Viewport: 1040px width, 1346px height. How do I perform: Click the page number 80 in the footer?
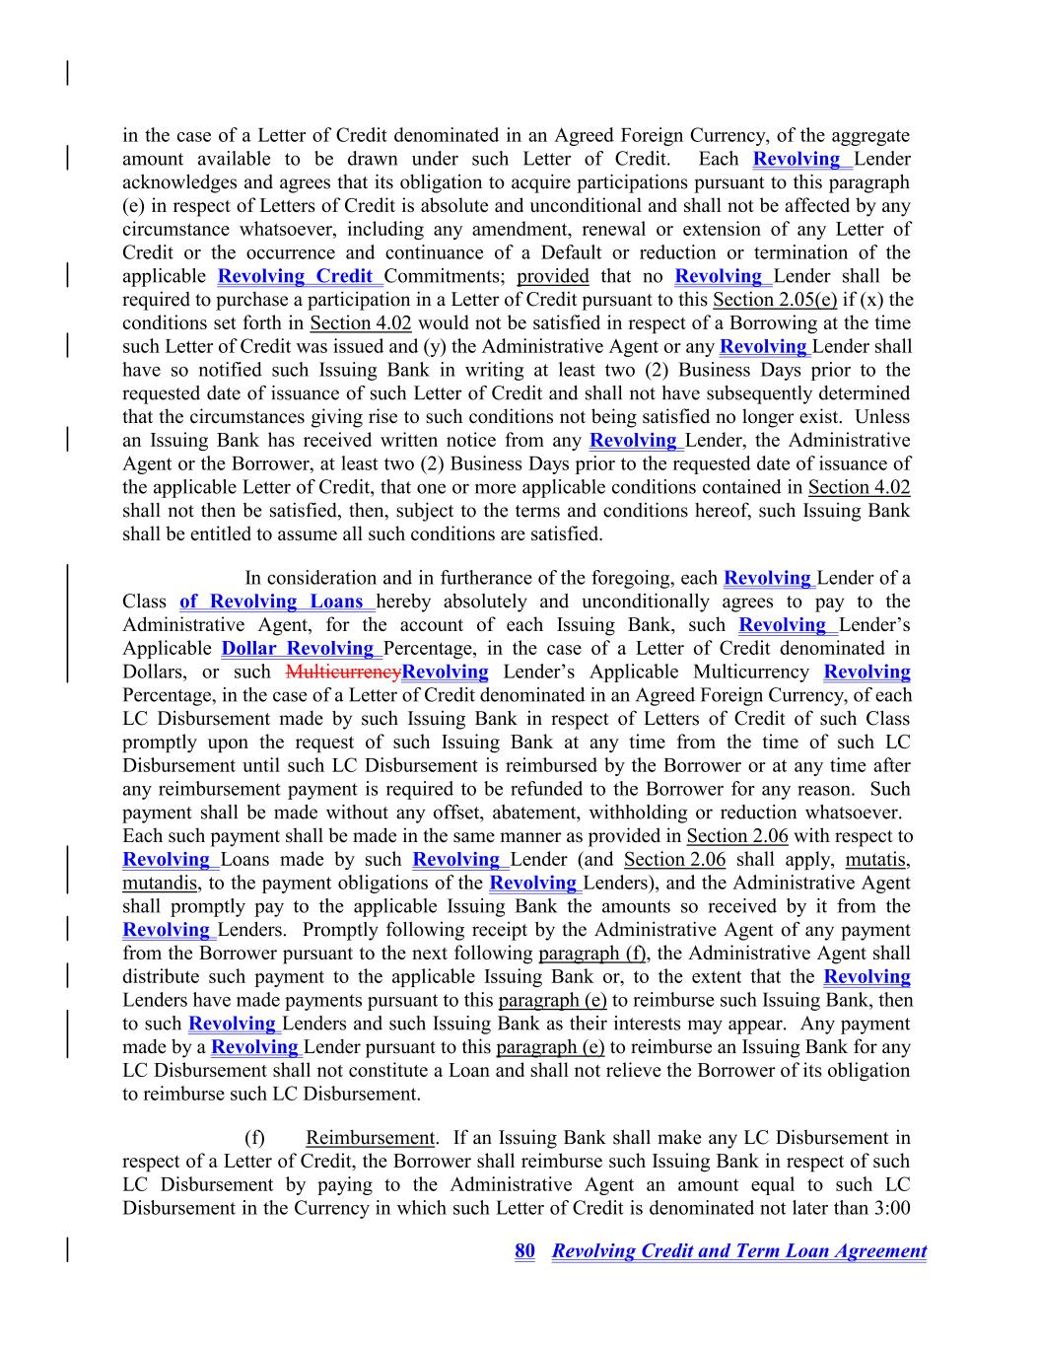pyautogui.click(x=524, y=1251)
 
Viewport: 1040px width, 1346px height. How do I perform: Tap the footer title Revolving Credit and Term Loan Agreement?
pyautogui.click(x=738, y=1251)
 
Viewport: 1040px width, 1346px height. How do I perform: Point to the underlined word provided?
pyautogui.click(x=552, y=276)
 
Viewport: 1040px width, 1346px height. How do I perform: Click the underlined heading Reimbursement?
pyautogui.click(x=370, y=1138)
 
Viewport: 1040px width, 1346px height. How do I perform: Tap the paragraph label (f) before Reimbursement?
pyautogui.click(x=254, y=1138)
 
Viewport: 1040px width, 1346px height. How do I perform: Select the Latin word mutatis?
pyautogui.click(x=877, y=860)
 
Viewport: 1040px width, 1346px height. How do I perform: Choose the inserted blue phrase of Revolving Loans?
pyautogui.click(x=272, y=602)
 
